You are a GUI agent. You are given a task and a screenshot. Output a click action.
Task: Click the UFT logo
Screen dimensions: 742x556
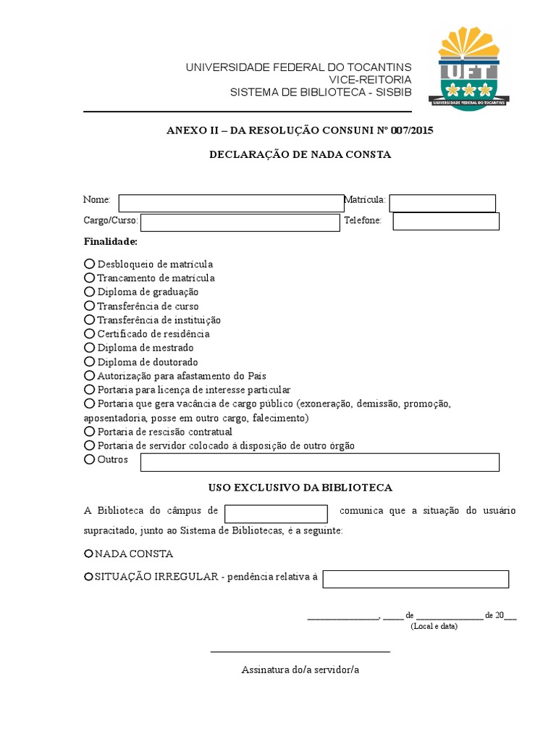coord(471,67)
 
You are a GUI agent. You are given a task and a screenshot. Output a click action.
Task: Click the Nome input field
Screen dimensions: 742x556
coord(231,203)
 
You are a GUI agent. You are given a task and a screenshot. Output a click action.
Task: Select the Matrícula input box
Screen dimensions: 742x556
coord(442,203)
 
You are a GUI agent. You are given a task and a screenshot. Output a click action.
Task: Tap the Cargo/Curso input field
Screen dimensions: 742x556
coord(240,222)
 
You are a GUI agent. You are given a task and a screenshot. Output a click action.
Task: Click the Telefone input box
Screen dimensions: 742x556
coord(445,221)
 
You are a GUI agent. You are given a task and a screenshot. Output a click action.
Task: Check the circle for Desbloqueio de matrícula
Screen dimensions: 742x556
coord(90,264)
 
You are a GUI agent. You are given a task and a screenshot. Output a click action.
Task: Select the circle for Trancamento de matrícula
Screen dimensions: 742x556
coord(90,278)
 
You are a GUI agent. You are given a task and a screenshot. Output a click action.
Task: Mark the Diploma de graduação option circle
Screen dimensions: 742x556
coord(90,291)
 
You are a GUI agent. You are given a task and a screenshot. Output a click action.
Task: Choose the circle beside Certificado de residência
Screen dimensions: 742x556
coord(90,333)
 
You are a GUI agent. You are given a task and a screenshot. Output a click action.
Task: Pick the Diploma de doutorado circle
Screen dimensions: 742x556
coord(90,362)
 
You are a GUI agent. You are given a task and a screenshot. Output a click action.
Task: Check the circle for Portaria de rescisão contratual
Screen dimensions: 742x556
coord(90,431)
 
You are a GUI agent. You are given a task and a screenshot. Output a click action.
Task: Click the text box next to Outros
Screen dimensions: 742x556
coord(319,462)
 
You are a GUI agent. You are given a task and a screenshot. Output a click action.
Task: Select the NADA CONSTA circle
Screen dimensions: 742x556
coord(89,554)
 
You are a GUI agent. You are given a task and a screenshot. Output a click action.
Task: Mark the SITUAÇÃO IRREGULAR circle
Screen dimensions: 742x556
coord(89,577)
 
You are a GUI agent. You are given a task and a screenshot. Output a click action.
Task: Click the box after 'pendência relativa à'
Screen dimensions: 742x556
coord(416,579)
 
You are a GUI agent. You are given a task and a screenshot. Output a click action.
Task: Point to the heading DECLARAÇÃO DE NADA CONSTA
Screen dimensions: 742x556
coord(300,154)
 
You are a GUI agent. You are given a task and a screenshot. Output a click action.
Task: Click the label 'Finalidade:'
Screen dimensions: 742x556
coord(110,241)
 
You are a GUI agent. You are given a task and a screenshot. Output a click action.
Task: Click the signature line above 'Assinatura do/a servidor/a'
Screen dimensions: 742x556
coord(300,652)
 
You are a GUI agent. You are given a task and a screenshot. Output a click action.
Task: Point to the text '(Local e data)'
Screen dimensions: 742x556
coord(434,626)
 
